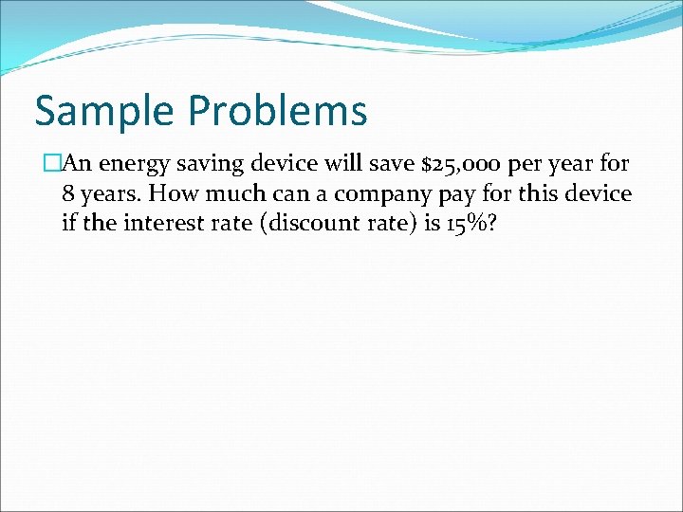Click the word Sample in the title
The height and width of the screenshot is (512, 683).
click(103, 111)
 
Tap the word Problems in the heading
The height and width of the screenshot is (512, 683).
click(277, 111)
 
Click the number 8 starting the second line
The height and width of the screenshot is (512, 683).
click(68, 193)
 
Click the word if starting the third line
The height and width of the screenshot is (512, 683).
click(68, 224)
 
